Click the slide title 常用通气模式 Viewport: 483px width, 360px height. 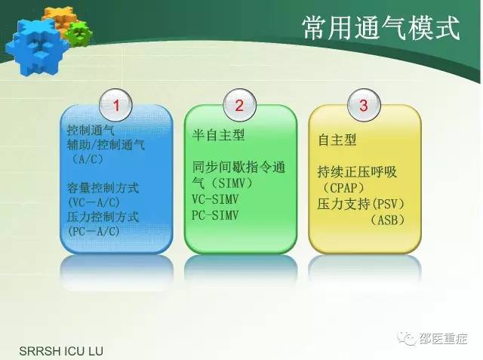tap(381, 29)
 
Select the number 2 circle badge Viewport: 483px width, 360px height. tap(239, 106)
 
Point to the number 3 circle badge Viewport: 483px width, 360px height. tap(363, 106)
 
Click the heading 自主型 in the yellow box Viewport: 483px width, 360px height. tap(337, 140)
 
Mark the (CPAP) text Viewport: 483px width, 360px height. tap(343, 187)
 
